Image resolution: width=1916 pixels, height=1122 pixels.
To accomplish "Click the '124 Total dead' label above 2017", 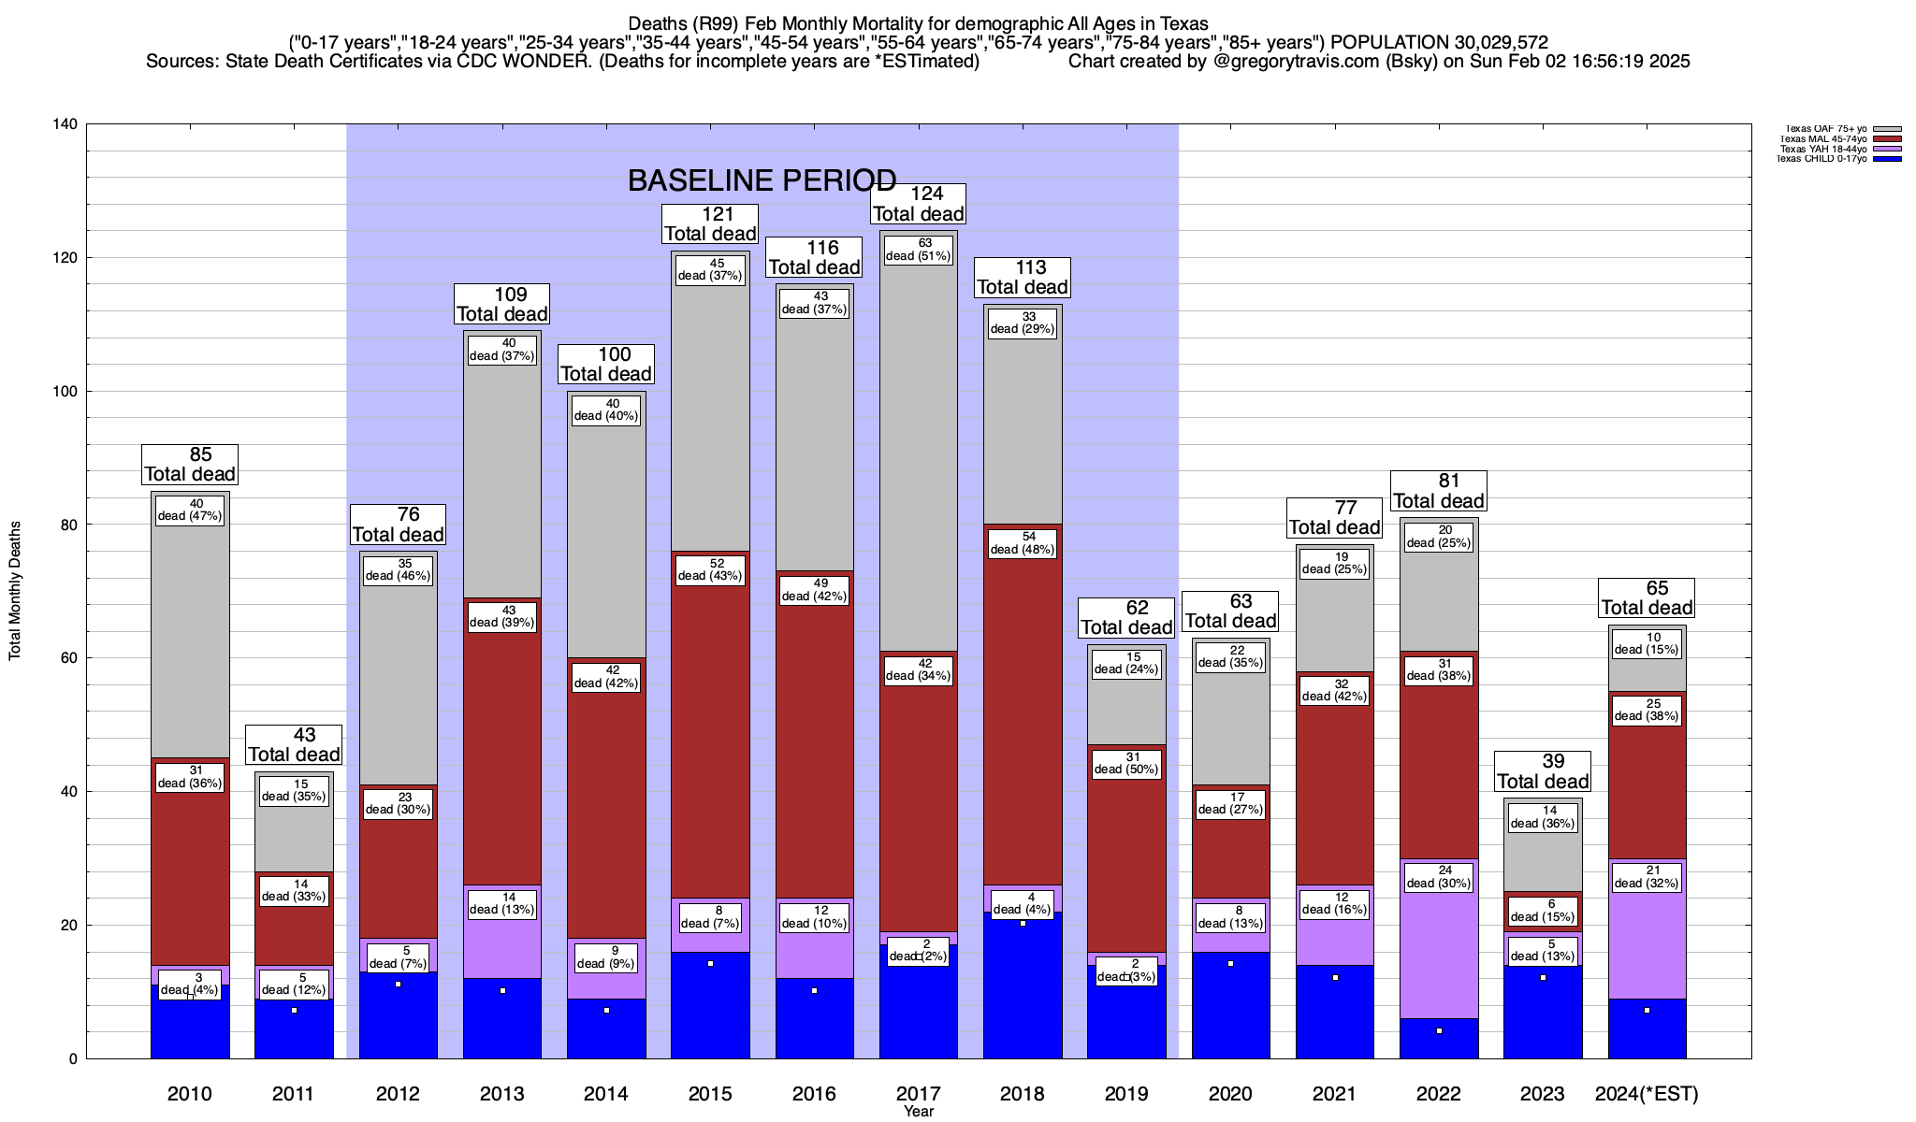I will tap(918, 204).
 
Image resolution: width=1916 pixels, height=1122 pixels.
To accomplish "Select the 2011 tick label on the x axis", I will tap(294, 1094).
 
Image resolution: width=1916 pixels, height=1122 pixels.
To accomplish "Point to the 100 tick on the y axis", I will tap(66, 392).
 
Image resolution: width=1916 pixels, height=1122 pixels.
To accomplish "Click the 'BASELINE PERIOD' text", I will tap(762, 180).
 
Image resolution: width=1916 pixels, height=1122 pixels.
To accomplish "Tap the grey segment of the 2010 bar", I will tap(190, 636).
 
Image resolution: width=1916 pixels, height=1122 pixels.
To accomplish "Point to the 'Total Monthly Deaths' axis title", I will tap(15, 591).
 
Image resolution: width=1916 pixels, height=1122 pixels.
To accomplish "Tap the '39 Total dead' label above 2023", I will tap(1543, 771).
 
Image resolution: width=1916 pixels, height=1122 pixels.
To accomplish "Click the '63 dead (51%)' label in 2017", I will tap(918, 250).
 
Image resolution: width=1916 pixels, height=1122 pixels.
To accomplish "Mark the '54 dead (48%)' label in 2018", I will tap(1023, 543).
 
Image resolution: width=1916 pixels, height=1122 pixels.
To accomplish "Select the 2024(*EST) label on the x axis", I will tap(1647, 1094).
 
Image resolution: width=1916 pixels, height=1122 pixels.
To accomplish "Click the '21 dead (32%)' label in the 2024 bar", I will tap(1647, 877).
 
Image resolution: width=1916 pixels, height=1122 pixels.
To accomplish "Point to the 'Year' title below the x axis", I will tap(919, 1112).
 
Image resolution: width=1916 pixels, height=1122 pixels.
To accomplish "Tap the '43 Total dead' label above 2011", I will tap(294, 745).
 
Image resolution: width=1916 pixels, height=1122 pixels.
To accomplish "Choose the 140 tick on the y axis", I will tap(66, 124).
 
